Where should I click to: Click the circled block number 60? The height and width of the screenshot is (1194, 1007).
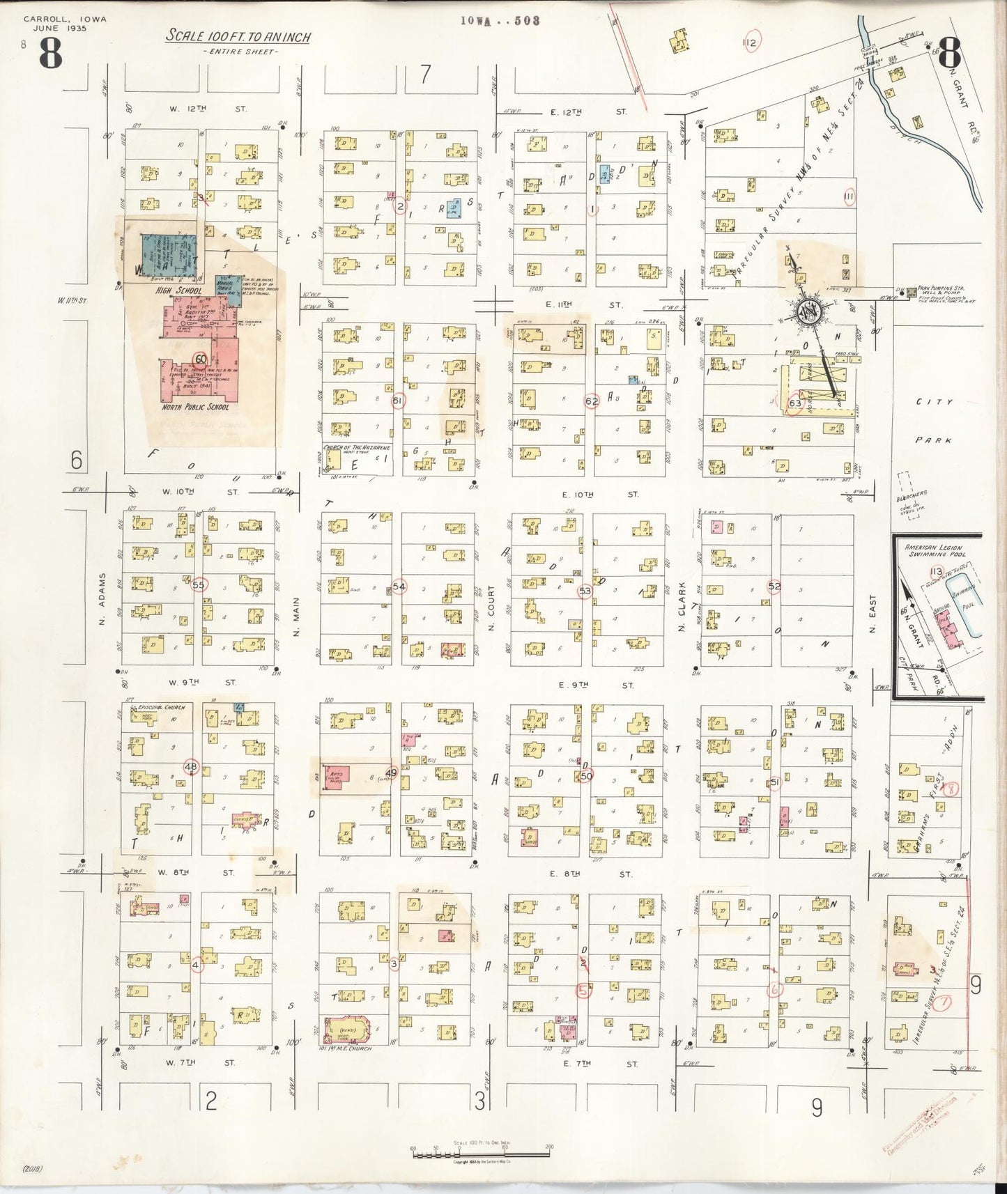(x=201, y=359)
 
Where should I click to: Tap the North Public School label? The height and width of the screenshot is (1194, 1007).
(x=194, y=407)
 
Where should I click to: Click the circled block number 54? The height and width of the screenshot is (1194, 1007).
(x=399, y=587)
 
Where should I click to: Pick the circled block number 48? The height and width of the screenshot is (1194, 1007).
(x=190, y=767)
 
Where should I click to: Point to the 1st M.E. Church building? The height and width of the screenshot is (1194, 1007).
(x=347, y=1028)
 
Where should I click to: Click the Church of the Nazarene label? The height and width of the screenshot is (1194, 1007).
(x=355, y=447)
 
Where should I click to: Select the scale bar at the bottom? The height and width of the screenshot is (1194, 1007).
(x=481, y=1153)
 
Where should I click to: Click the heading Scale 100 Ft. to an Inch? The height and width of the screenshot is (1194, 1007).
(x=238, y=37)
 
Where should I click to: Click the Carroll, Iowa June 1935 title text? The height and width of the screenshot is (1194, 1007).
(x=65, y=24)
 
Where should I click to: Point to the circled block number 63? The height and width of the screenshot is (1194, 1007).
(x=795, y=403)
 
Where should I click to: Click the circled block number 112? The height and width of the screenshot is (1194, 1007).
(x=750, y=42)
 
